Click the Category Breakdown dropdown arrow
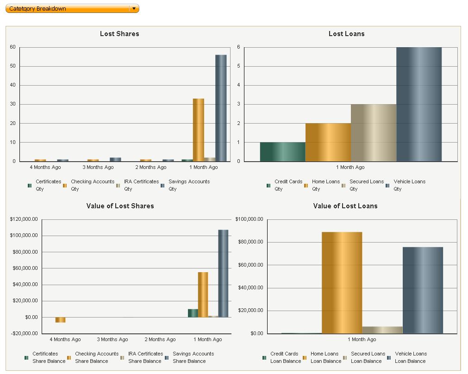[x=134, y=8]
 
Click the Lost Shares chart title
[x=119, y=34]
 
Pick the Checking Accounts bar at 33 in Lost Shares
[x=199, y=130]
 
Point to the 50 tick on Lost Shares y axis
[x=13, y=66]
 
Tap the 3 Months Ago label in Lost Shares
[x=98, y=167]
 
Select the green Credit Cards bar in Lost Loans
[x=282, y=152]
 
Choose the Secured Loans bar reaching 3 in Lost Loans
[x=373, y=133]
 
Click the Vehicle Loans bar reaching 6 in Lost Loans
[x=419, y=104]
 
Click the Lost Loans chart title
[x=346, y=34]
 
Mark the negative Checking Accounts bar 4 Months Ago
[x=61, y=320]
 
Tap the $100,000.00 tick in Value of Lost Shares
[x=24, y=236]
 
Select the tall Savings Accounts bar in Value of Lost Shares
[x=223, y=273]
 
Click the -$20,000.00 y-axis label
[x=24, y=333]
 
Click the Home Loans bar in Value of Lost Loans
[x=342, y=282]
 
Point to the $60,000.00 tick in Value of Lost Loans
[x=250, y=265]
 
